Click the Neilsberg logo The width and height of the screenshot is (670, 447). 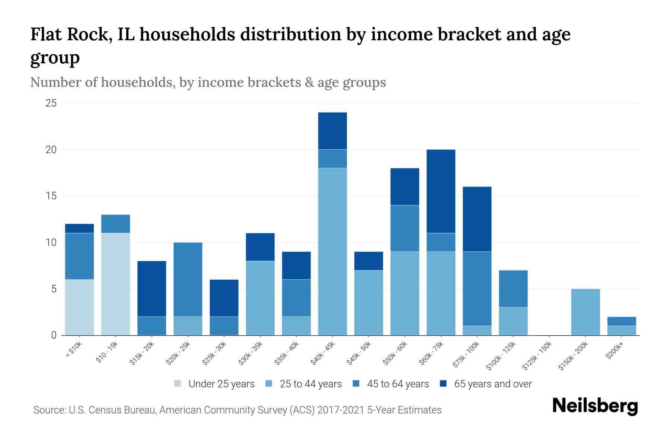coord(595,406)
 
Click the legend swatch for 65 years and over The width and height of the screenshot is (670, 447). coord(443,384)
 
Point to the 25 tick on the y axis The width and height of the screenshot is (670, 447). coord(51,103)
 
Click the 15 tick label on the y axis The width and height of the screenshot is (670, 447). coord(51,196)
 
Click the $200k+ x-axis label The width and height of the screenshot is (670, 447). coord(615,351)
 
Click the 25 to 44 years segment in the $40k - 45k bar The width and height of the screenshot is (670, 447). coord(332,251)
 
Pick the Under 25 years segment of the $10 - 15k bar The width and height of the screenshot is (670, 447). coord(115,284)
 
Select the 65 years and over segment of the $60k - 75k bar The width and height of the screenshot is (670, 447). coord(441,191)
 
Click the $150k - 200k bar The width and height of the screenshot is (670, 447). coord(586,312)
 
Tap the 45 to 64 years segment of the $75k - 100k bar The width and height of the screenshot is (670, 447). coord(477,289)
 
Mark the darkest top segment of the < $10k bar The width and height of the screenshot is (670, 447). coord(79,228)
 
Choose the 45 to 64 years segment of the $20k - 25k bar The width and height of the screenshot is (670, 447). coord(188,279)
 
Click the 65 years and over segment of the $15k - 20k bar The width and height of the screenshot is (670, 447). coord(151,289)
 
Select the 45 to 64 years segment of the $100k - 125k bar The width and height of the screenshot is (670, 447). coord(513,289)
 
